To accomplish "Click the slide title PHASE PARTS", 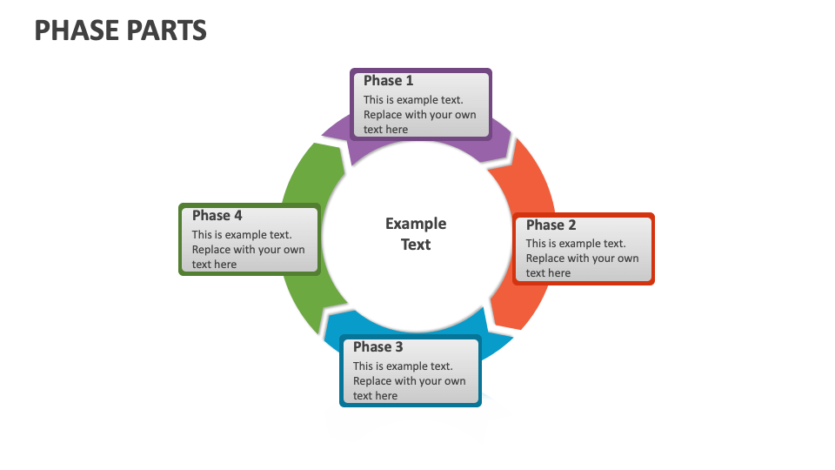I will coord(120,30).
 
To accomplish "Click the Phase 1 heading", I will coord(388,81).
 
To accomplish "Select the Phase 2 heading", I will coord(551,225).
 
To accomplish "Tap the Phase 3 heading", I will coord(377,347).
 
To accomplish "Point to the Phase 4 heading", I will coord(217,216).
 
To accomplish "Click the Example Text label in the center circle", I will coord(416,234).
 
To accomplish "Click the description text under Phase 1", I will coord(419,115).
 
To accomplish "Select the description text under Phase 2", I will coord(582,258).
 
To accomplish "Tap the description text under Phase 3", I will coord(409,381).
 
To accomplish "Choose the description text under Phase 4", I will coord(248,250).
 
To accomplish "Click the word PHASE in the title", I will coord(77,30).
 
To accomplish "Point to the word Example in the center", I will coord(416,224).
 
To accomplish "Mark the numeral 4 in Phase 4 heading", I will coord(237,216).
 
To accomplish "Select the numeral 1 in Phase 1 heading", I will coord(409,81).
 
